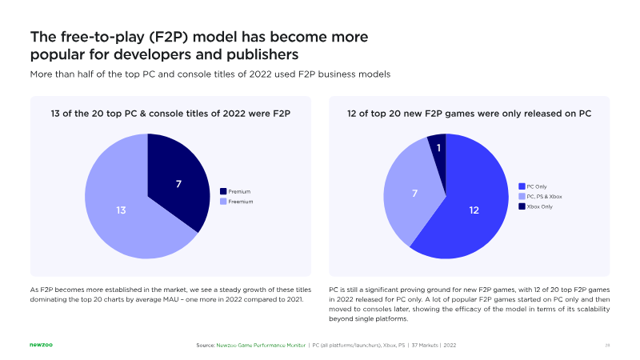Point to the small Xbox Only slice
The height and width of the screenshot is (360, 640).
[438, 146]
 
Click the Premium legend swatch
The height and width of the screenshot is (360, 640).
[223, 192]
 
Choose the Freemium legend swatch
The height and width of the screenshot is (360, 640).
[223, 202]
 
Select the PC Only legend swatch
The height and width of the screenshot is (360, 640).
[522, 186]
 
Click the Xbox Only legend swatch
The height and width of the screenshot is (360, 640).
[522, 206]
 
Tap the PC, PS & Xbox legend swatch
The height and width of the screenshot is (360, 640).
[522, 196]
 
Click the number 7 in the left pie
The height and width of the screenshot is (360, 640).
[179, 185]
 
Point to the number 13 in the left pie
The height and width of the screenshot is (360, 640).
[121, 210]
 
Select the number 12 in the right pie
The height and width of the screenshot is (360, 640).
[474, 210]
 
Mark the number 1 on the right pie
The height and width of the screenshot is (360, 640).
[438, 148]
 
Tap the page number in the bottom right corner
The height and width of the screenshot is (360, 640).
[607, 345]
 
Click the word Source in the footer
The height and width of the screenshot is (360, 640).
[205, 345]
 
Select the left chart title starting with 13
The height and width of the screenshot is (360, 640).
[170, 114]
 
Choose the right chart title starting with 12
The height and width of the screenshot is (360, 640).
[469, 114]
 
